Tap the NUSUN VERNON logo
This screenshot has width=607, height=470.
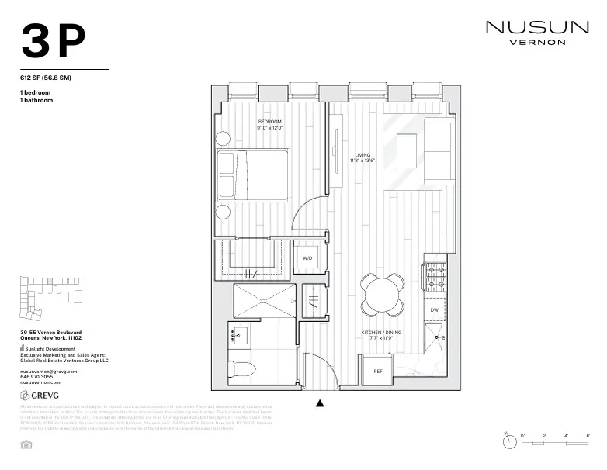tap(536, 33)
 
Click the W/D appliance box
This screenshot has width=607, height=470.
tap(307, 256)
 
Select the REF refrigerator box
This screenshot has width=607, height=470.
tap(378, 371)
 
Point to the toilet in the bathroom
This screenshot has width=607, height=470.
tap(241, 368)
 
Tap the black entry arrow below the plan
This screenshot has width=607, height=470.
tap(320, 403)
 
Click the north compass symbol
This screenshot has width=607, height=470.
tap(509, 442)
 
